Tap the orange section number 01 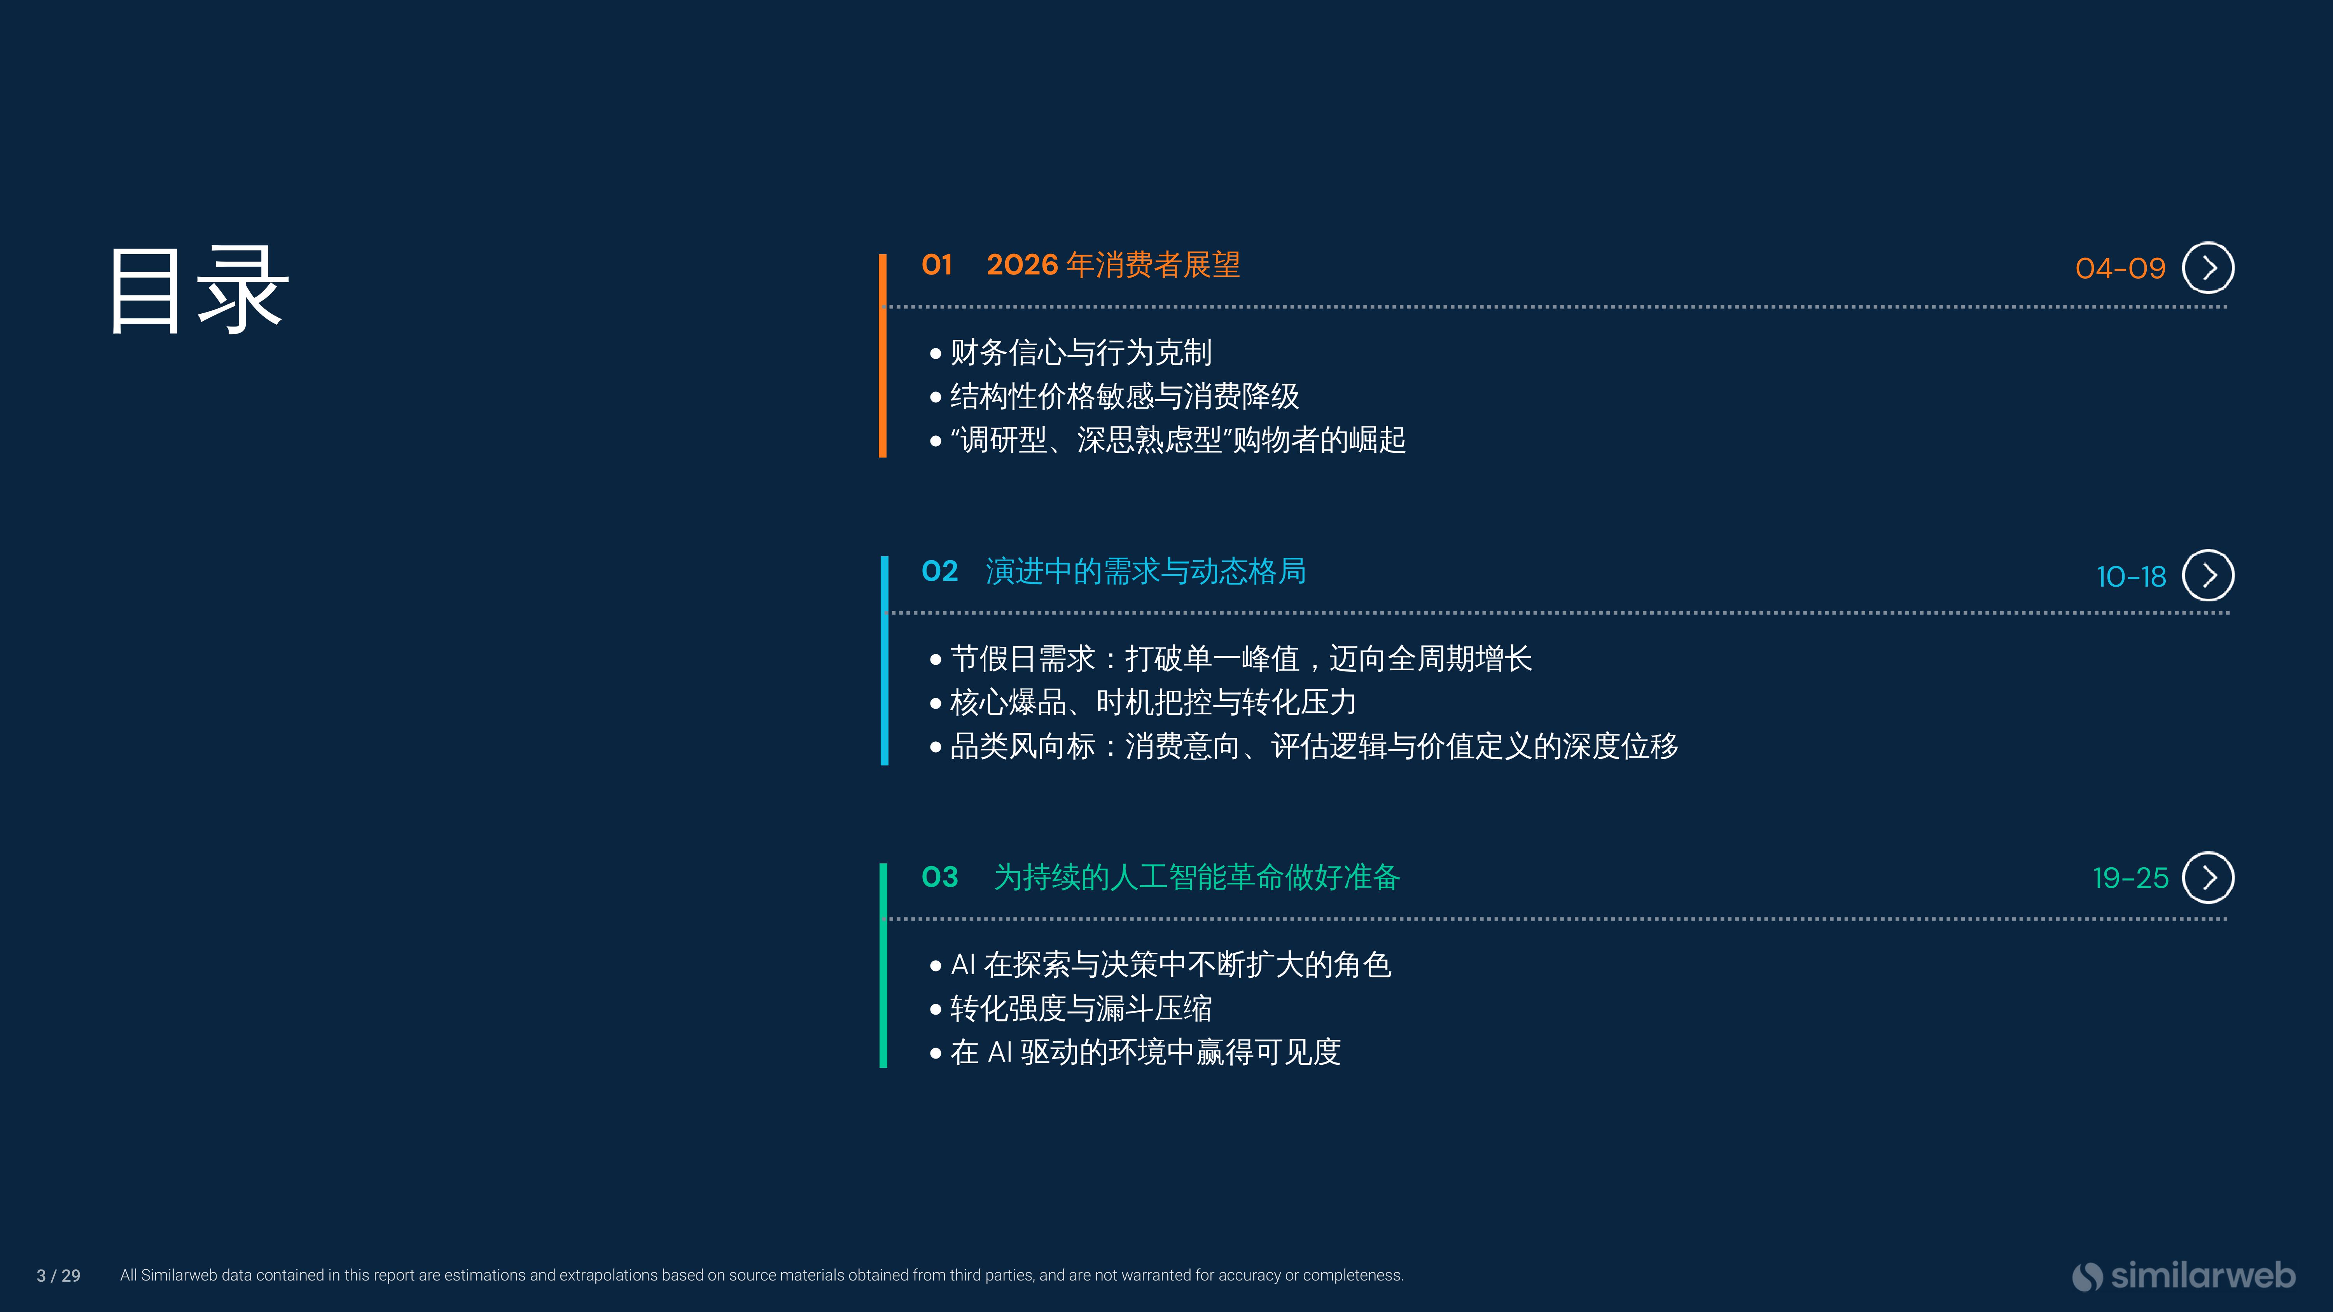click(x=936, y=264)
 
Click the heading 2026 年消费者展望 click(x=1113, y=264)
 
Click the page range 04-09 click(x=2120, y=268)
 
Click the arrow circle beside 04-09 click(x=2208, y=268)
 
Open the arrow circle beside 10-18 click(x=2208, y=575)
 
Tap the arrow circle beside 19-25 click(x=2208, y=877)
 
